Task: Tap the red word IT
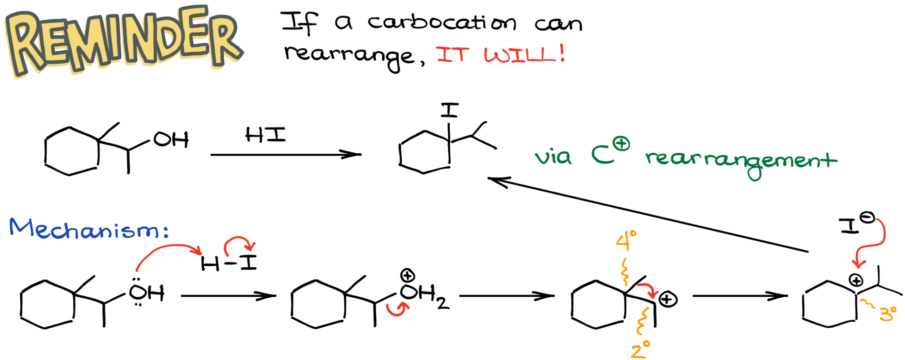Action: coord(452,55)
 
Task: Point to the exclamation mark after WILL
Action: coord(562,53)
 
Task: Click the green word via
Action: coord(553,157)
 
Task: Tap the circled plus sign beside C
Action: coord(622,144)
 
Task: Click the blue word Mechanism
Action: coord(84,229)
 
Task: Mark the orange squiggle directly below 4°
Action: coord(625,272)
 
